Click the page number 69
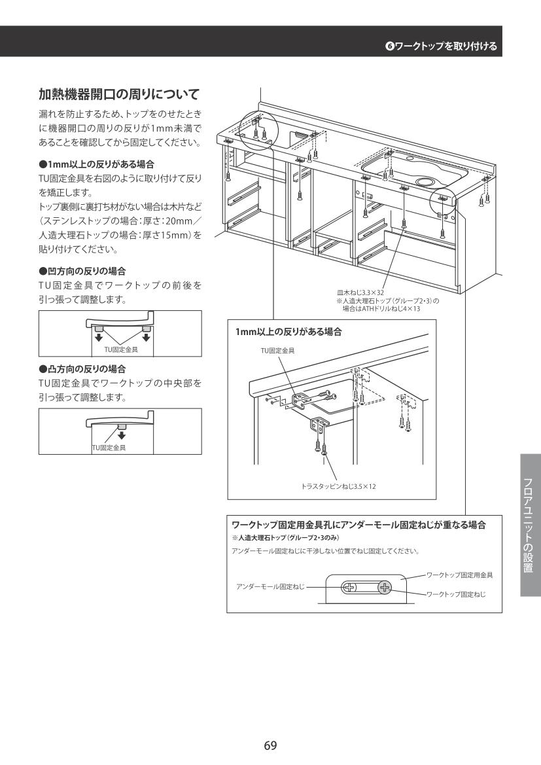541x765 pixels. [270, 745]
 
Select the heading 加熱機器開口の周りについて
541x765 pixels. [120, 94]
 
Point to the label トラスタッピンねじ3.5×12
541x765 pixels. [338, 486]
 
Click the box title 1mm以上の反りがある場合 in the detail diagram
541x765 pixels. [288, 332]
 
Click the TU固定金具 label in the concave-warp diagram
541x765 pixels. [121, 349]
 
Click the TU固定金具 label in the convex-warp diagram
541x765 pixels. [109, 448]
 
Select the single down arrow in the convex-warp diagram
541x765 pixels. [122, 435]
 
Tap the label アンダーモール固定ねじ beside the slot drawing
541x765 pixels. [270, 586]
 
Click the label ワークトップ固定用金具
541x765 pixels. [459, 575]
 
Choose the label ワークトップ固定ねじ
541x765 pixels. [456, 594]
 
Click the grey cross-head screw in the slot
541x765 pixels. [385, 588]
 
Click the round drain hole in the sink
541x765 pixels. [424, 181]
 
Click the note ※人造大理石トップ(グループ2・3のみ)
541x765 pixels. [285, 538]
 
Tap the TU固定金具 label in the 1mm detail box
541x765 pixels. [277, 350]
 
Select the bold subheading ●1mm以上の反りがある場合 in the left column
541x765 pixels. [97, 164]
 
